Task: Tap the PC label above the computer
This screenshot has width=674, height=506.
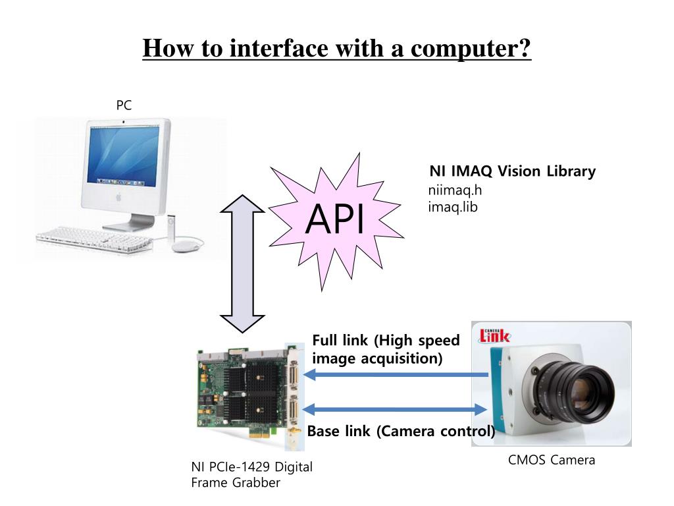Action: coord(124,105)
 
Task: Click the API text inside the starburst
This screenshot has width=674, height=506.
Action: coord(335,220)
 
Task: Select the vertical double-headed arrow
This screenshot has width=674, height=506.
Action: coord(242,264)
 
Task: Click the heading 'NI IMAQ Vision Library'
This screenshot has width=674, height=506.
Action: coord(512,171)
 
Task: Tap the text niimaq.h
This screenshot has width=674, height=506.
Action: coord(450,192)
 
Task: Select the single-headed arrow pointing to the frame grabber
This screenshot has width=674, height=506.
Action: coord(398,375)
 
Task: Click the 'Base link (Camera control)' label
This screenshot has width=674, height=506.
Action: coord(401,432)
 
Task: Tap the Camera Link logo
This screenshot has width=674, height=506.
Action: coord(494,335)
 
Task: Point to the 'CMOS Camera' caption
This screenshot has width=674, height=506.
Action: coord(551,460)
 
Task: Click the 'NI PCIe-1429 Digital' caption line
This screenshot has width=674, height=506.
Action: coord(251,467)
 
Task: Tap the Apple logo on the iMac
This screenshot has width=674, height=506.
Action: coord(118,196)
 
